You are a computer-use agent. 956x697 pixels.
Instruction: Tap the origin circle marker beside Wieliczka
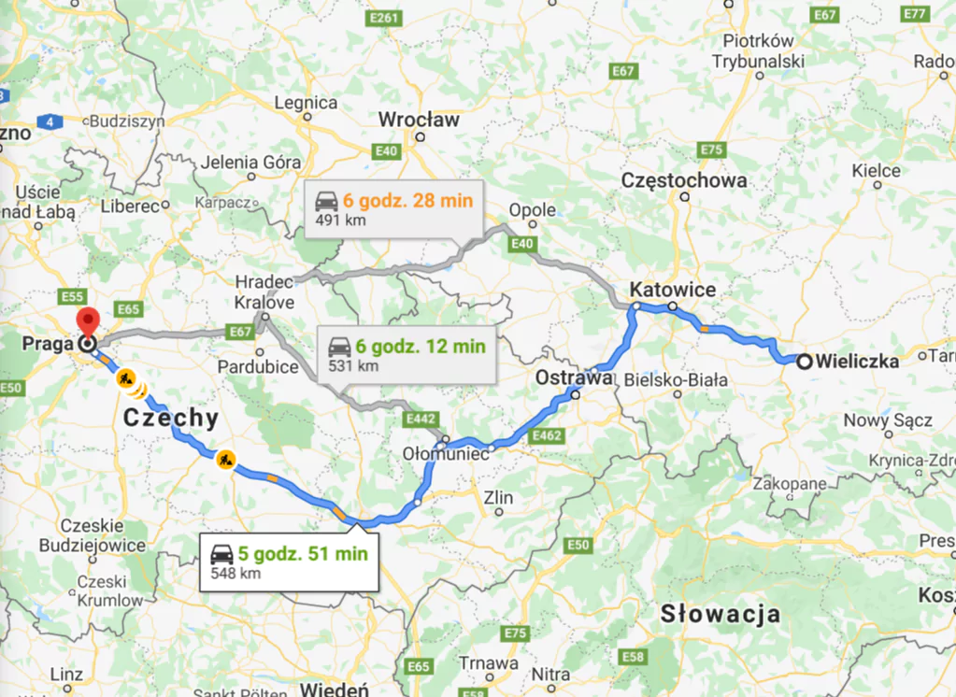(x=804, y=361)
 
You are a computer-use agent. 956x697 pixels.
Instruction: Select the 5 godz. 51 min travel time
(x=301, y=553)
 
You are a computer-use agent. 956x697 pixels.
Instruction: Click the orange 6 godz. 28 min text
(x=407, y=200)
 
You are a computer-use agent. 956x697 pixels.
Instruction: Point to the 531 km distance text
(x=353, y=365)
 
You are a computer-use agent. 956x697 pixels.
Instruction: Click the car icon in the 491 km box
(x=326, y=202)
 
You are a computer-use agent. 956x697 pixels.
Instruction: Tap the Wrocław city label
(x=419, y=120)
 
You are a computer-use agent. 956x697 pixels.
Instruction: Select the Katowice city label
(x=673, y=290)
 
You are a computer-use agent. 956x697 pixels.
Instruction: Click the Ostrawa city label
(x=573, y=378)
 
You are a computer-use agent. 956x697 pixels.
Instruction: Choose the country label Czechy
(x=170, y=418)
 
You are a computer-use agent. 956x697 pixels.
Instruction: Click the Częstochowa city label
(x=684, y=180)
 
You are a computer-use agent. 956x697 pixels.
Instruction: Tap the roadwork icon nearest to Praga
(x=123, y=379)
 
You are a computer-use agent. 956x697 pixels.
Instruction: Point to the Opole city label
(x=533, y=210)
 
